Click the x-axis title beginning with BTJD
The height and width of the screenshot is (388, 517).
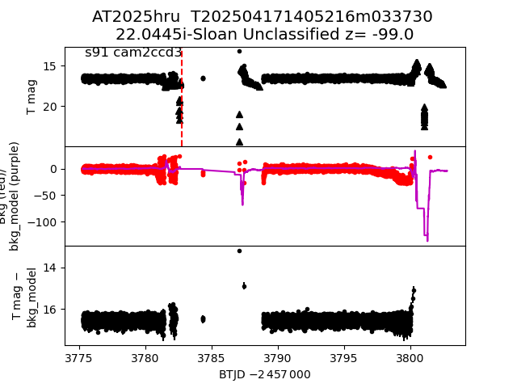(x=264, y=374)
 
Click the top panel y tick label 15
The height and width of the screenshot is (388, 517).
(x=48, y=66)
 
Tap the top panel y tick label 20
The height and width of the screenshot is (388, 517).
(x=48, y=107)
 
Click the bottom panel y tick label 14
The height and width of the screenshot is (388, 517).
(x=48, y=268)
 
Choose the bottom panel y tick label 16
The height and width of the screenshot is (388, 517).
(x=48, y=309)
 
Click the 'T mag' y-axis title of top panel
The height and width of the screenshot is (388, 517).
(x=32, y=97)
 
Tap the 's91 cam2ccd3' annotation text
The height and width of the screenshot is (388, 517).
(x=133, y=53)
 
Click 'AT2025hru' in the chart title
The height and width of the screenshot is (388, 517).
(x=137, y=17)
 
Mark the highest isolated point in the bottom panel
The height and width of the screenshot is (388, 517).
(x=239, y=251)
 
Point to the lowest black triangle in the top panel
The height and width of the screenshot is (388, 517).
(x=239, y=141)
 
